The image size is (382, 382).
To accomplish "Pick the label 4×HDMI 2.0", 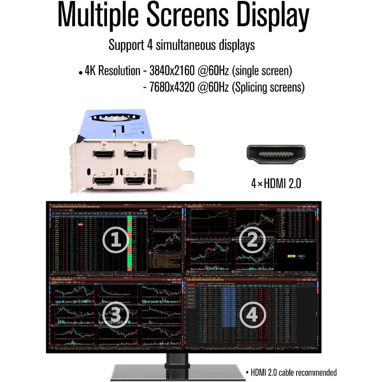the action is point(276,183).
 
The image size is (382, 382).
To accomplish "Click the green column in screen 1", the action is point(130,244).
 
